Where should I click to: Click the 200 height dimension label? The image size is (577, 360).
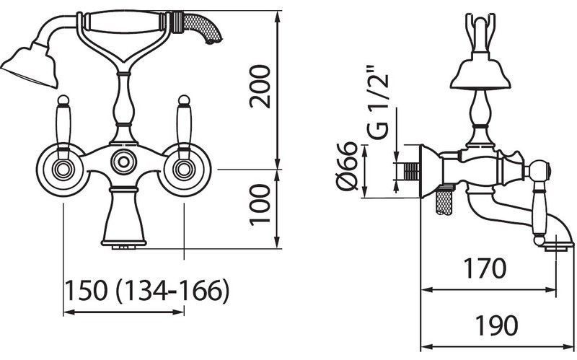[260, 86]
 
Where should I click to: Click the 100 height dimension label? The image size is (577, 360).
[260, 205]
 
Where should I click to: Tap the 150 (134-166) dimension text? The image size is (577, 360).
[147, 290]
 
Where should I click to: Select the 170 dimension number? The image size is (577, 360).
[485, 268]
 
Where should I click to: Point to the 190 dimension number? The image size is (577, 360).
[496, 325]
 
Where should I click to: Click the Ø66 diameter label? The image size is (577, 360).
[347, 165]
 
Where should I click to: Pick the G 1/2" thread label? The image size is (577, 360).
[377, 103]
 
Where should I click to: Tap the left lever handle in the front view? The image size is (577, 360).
[63, 127]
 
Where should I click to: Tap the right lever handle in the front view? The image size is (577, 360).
[184, 127]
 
